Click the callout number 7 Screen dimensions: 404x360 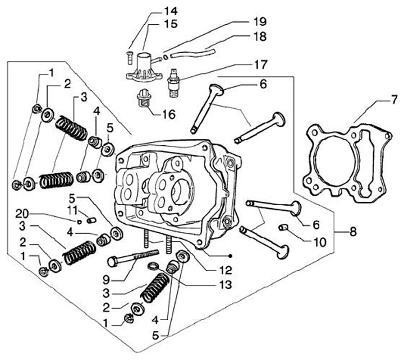(x=394, y=100)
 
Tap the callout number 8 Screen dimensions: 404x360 (x=353, y=232)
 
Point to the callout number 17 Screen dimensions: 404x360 (x=260, y=64)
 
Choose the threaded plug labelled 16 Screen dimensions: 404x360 (x=144, y=99)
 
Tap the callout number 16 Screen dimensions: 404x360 (x=168, y=114)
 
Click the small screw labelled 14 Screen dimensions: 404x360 (x=130, y=58)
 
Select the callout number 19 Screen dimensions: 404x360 (x=259, y=22)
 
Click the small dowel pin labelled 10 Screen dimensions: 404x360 (x=283, y=228)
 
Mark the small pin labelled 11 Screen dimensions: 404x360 (x=91, y=220)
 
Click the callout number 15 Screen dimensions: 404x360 (x=171, y=24)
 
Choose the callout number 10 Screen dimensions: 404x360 (x=319, y=242)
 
